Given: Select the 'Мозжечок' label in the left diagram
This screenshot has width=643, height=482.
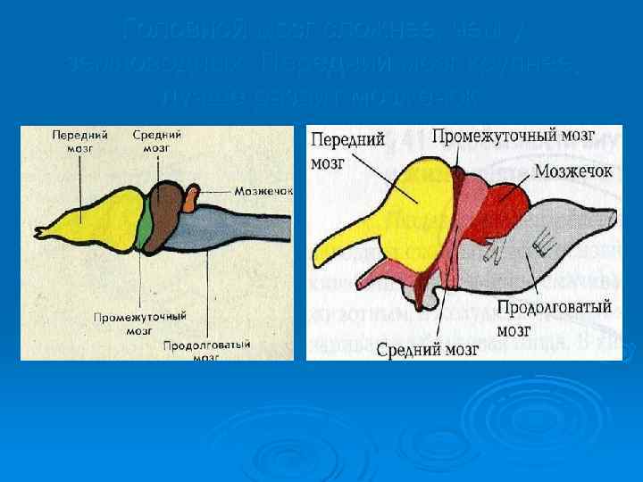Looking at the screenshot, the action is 263,191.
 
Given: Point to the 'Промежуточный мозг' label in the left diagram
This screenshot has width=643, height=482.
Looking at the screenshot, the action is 152,321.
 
